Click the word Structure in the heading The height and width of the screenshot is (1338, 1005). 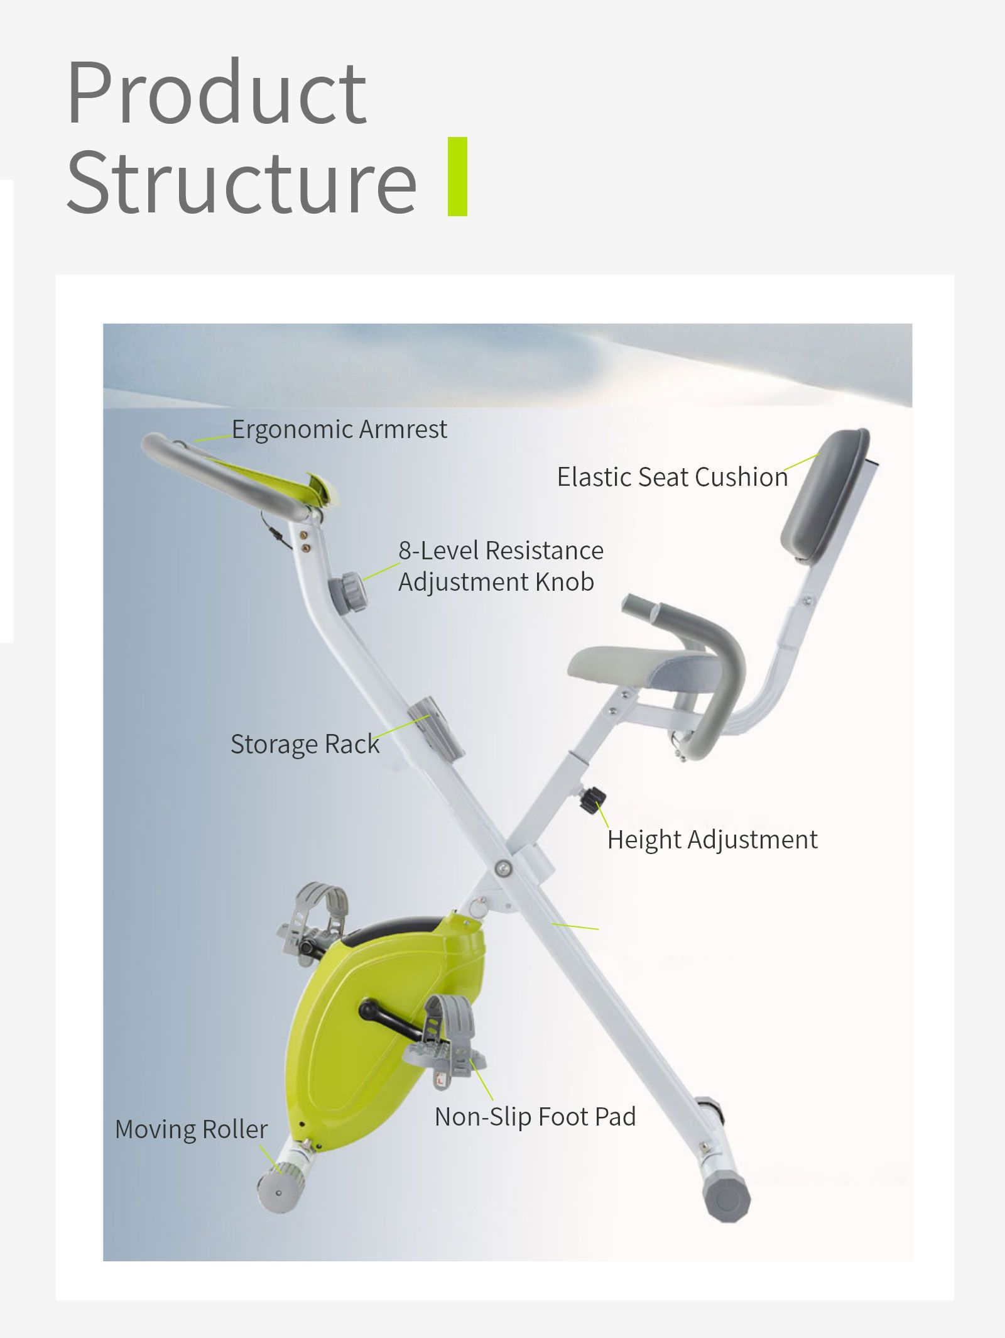click(241, 182)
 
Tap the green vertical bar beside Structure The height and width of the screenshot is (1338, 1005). click(457, 177)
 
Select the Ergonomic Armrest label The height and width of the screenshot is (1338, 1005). click(339, 429)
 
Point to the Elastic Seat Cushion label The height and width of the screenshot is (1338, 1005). click(672, 477)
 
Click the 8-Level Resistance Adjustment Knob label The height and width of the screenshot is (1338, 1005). click(501, 566)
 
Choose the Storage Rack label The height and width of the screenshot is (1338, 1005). click(305, 744)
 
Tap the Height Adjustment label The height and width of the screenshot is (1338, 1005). click(712, 840)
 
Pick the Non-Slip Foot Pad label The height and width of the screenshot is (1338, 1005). click(535, 1117)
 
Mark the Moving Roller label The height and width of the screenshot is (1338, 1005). click(191, 1129)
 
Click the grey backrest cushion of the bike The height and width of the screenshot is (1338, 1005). click(825, 495)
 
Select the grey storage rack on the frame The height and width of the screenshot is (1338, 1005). click(436, 728)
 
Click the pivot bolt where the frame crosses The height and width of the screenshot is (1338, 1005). click(502, 869)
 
